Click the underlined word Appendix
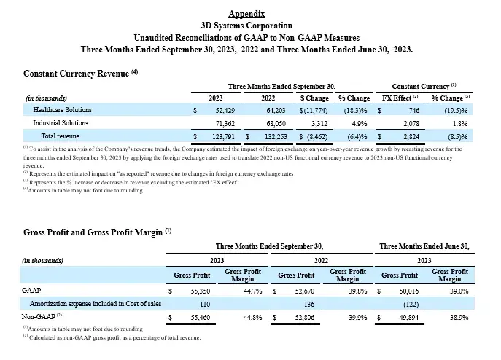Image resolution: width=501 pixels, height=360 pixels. pos(246,14)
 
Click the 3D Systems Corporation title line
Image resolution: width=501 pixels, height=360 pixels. pos(246,25)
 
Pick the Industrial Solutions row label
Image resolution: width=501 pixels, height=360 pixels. pos(62,123)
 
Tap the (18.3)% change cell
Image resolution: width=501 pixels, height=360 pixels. pos(355,110)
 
